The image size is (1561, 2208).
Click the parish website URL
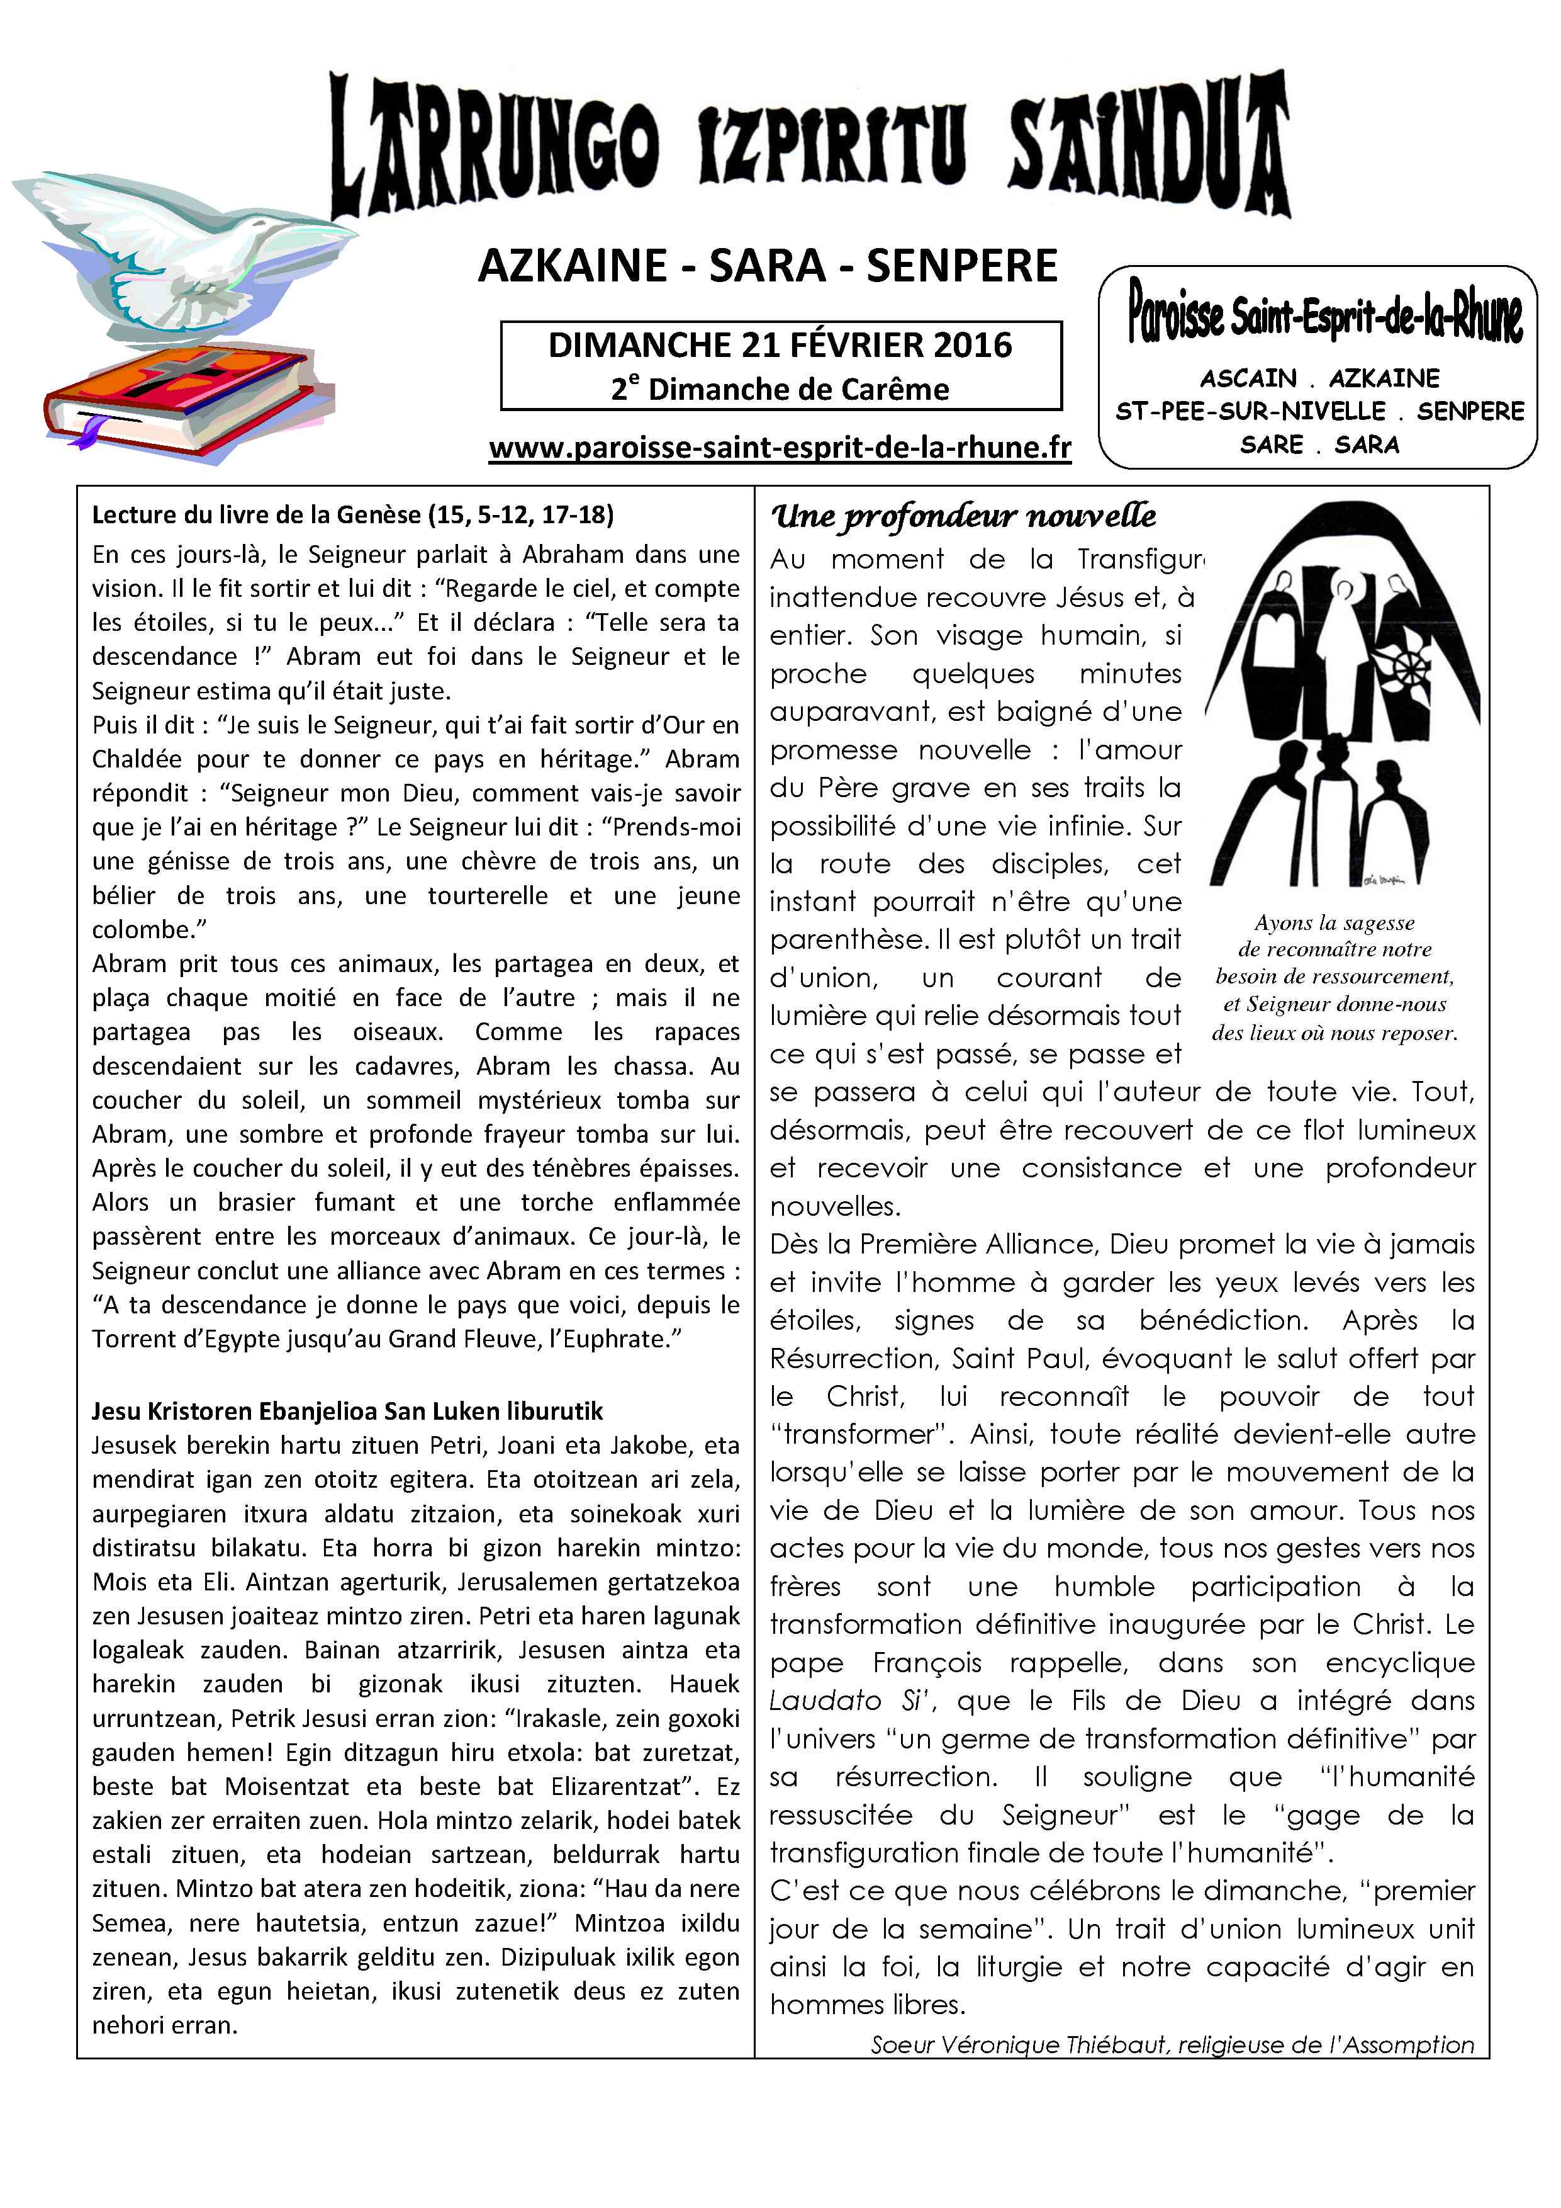click(x=780, y=448)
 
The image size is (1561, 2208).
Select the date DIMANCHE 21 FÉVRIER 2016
click(x=780, y=345)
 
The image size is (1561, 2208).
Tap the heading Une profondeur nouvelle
click(x=963, y=516)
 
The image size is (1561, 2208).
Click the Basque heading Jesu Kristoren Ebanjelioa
click(x=347, y=1411)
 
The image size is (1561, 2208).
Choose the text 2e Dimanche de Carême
click(x=780, y=390)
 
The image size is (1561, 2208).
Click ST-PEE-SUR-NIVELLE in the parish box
click(x=1250, y=412)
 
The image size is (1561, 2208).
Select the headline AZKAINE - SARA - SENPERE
click(x=767, y=266)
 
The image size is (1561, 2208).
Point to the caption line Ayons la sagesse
click(x=1334, y=922)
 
